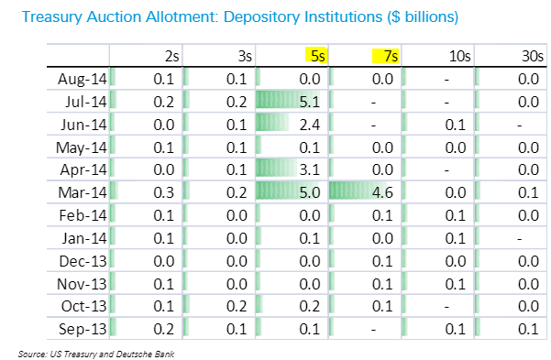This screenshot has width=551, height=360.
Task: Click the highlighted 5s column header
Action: (x=316, y=56)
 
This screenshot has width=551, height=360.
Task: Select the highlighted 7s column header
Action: (x=386, y=56)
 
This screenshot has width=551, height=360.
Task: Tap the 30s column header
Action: (x=533, y=56)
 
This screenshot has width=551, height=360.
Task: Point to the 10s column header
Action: (x=459, y=56)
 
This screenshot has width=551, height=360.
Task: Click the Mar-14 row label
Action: (x=83, y=192)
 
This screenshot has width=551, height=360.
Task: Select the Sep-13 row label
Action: (x=83, y=329)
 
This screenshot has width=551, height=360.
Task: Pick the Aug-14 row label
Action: (x=83, y=79)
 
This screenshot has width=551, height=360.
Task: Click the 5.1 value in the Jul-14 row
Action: (x=310, y=102)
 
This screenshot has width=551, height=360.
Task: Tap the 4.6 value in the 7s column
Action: (x=382, y=192)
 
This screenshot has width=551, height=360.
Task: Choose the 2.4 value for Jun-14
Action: (x=310, y=125)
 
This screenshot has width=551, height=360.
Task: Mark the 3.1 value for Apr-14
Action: (x=310, y=170)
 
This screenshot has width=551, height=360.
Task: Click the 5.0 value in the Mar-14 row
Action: (x=310, y=192)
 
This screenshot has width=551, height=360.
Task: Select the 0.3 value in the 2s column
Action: (x=164, y=192)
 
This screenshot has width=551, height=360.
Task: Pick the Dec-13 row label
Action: (x=83, y=261)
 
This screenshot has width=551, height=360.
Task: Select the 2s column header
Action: (x=171, y=56)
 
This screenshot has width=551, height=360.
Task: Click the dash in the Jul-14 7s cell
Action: (x=373, y=103)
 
